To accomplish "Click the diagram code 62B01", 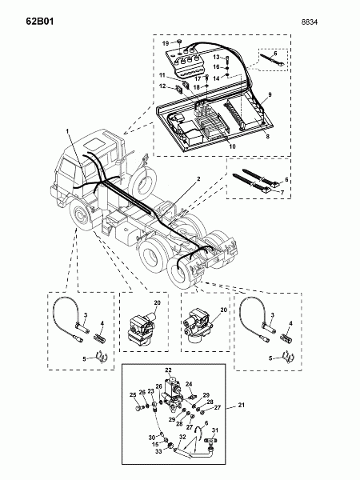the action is [x=40, y=22].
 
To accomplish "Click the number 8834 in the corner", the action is [x=310, y=22].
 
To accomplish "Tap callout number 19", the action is [x=166, y=43].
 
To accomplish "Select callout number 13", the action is [x=217, y=57].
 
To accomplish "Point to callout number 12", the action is [x=162, y=86].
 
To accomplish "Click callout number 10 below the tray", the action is [x=232, y=146].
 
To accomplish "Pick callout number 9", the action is [x=270, y=94].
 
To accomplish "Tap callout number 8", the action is [x=267, y=136].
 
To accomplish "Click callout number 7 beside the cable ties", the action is [x=282, y=192].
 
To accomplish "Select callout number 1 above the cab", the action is [x=68, y=131].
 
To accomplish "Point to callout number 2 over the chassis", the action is [x=198, y=178].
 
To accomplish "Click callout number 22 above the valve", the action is [x=168, y=370].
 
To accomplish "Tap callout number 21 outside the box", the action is [x=242, y=405].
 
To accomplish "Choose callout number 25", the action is [x=133, y=395].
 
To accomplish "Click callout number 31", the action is [x=215, y=430].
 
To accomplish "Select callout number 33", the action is [x=158, y=451].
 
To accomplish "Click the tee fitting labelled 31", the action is [x=211, y=442].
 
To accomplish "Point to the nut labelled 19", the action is [x=180, y=42].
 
